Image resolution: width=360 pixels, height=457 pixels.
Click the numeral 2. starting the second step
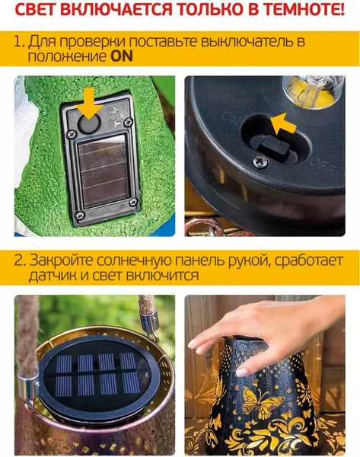[20, 259]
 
